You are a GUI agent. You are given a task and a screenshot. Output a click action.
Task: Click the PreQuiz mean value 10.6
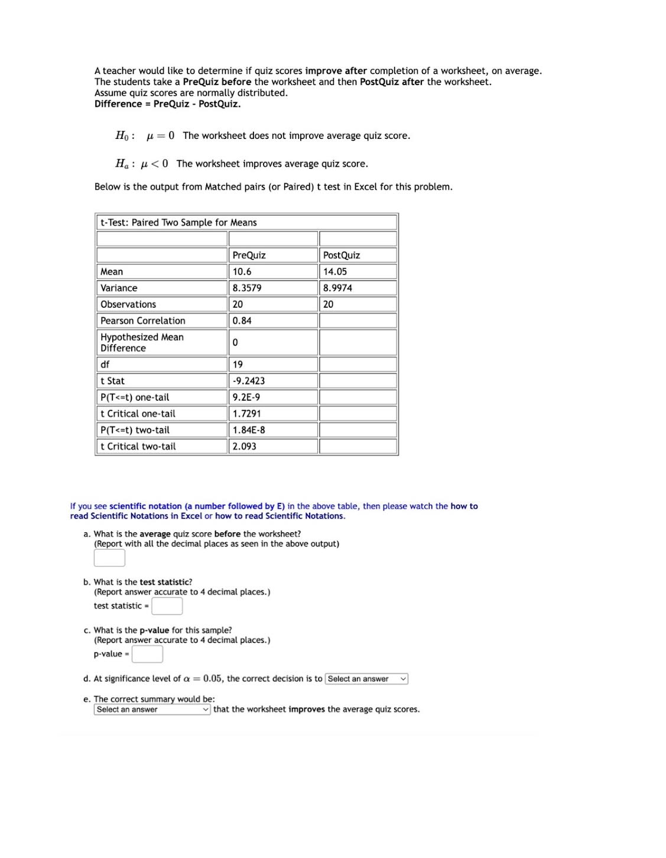tap(242, 272)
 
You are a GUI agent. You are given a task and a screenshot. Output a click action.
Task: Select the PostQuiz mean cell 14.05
tap(335, 272)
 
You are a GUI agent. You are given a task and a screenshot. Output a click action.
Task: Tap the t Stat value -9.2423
tap(249, 381)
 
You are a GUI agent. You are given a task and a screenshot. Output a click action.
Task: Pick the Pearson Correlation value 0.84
tap(242, 321)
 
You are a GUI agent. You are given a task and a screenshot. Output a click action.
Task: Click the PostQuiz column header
tap(342, 255)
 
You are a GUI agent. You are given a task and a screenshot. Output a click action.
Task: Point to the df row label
tap(105, 365)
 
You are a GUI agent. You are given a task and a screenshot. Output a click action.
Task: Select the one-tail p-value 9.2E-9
tap(246, 398)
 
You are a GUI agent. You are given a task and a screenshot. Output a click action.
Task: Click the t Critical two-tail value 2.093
tap(245, 447)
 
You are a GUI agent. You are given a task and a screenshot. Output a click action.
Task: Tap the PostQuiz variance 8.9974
tap(337, 288)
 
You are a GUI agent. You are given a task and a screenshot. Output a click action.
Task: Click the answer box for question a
tap(109, 558)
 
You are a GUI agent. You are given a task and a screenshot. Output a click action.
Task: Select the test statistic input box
tap(167, 606)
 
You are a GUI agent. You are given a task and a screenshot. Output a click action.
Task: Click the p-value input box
tap(147, 654)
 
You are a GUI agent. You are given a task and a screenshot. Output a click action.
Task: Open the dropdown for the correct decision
tap(366, 679)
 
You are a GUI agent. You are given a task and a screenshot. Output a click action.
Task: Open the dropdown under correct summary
tap(152, 710)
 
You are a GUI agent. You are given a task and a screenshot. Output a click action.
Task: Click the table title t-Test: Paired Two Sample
tap(178, 223)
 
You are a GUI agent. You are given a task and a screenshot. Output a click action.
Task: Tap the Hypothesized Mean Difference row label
tap(142, 343)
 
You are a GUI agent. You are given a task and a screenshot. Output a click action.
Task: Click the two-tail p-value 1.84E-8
tap(249, 430)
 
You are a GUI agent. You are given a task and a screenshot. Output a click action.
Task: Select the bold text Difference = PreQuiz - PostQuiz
tap(167, 104)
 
